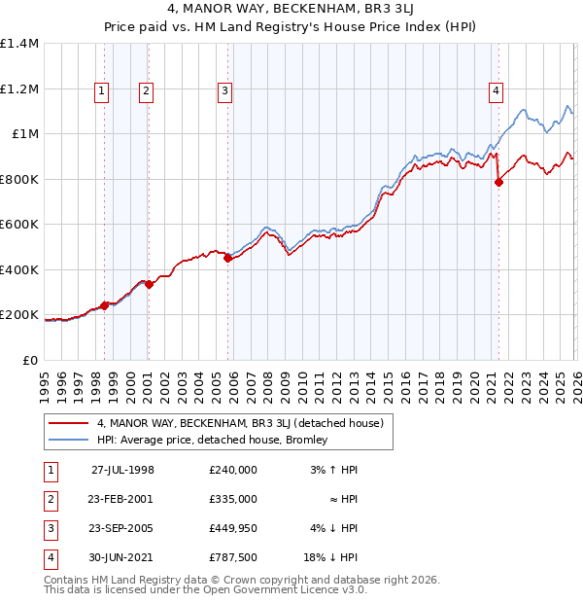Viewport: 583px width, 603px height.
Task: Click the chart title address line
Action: tap(291, 11)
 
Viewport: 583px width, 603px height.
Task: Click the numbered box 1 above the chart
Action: tap(102, 91)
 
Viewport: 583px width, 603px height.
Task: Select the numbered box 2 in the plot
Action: tap(146, 91)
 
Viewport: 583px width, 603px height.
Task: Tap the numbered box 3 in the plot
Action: tap(224, 91)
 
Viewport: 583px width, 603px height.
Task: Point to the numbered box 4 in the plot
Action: tap(496, 91)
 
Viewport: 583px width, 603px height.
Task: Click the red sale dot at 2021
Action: tap(498, 182)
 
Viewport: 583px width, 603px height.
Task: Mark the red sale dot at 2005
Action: tap(227, 259)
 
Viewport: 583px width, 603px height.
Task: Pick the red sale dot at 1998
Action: tap(105, 305)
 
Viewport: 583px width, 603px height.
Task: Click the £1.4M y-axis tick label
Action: tap(19, 44)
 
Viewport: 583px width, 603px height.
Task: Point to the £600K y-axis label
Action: tap(19, 224)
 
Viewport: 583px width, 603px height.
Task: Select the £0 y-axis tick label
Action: tap(29, 360)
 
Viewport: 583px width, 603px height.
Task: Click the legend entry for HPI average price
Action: tap(212, 440)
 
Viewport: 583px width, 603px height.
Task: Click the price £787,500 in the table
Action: tap(233, 557)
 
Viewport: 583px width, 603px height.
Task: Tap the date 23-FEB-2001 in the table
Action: tap(122, 498)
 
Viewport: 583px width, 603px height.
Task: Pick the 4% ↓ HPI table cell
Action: tap(334, 528)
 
